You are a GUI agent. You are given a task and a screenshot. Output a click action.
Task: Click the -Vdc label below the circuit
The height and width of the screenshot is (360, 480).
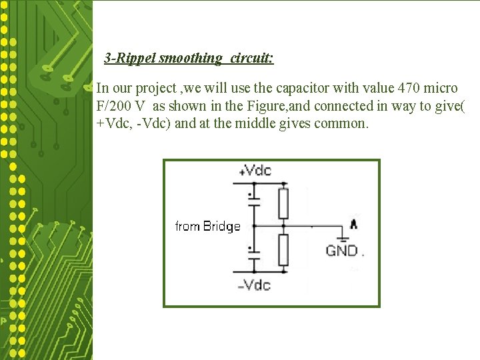click(x=255, y=285)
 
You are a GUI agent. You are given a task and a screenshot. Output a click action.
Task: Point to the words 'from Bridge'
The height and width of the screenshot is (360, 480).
click(x=207, y=227)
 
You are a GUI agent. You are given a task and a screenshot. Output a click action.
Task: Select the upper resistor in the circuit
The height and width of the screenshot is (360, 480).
click(x=283, y=203)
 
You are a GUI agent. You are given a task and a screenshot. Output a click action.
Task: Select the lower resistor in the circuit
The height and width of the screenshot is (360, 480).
click(x=283, y=249)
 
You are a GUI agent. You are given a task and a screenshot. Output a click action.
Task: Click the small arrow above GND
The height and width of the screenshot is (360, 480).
click(x=353, y=224)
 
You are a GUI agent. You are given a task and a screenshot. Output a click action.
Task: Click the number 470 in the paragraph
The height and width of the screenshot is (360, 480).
click(x=407, y=88)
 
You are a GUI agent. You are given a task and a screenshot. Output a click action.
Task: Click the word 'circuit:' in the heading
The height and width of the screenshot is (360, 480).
click(x=252, y=58)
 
